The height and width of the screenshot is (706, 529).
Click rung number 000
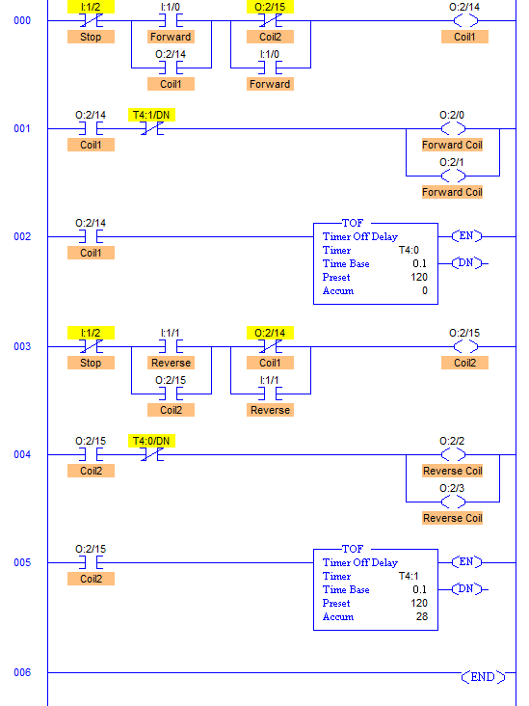pos(22,20)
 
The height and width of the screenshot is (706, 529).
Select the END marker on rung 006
pos(482,677)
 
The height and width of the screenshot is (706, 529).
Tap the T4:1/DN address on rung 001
pos(151,115)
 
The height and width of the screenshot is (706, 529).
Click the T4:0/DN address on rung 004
pos(151,441)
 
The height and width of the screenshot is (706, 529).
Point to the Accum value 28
pos(421,617)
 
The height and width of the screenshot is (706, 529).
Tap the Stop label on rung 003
pos(91,363)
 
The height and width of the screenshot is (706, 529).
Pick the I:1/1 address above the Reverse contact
pos(171,333)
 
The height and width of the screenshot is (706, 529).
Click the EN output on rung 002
pos(467,236)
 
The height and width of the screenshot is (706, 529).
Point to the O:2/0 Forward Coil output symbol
pos(452,128)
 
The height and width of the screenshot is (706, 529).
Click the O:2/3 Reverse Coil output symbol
pos(452,502)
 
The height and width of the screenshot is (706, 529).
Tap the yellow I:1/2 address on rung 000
pos(91,7)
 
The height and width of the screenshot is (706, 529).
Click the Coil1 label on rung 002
pos(91,253)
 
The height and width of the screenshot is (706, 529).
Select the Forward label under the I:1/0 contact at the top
pos(171,37)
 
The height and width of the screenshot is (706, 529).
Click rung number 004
pos(22,454)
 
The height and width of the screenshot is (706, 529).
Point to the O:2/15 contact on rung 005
pos(91,562)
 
